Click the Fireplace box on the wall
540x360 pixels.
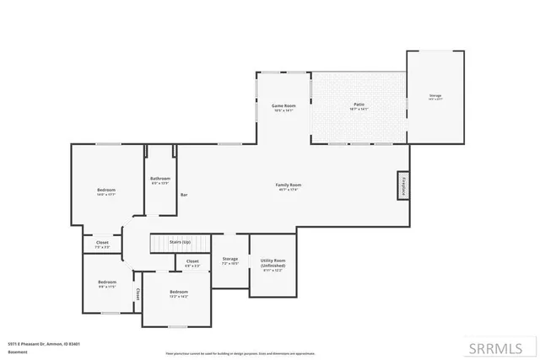tap(403, 186)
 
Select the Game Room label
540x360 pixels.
tap(283, 106)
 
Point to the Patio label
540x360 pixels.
tap(359, 106)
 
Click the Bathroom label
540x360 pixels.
tap(160, 179)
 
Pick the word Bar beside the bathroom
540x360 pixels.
tap(184, 196)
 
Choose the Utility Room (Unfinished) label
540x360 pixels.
tap(273, 263)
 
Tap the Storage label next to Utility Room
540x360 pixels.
tap(229, 259)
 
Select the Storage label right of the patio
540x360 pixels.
tap(435, 96)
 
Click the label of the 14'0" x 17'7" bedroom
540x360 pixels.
tap(105, 191)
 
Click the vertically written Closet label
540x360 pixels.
tap(138, 294)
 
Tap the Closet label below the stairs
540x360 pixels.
tap(192, 261)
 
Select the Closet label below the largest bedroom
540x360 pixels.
tap(102, 243)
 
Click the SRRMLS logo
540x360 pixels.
tap(505, 347)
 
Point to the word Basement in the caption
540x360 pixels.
tap(17, 352)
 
